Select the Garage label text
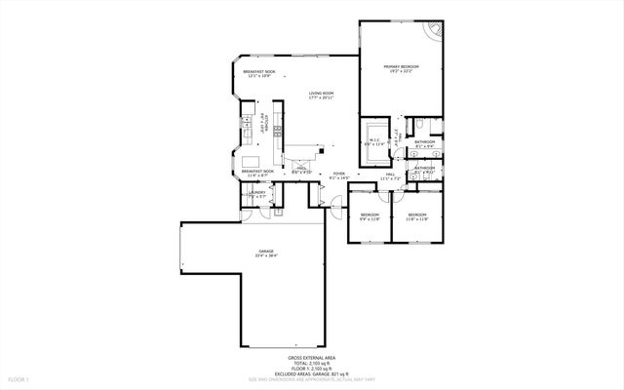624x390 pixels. [x=266, y=253]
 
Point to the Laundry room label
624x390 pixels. [x=257, y=194]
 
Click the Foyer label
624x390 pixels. [x=338, y=175]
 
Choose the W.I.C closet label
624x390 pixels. [x=374, y=142]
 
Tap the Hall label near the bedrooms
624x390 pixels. [x=390, y=176]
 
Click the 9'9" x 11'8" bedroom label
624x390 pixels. [x=370, y=216]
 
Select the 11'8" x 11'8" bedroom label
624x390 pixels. [x=417, y=216]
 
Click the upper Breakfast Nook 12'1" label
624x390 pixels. [x=258, y=74]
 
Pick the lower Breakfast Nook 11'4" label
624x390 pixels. [x=257, y=174]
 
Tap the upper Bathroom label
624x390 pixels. [x=425, y=144]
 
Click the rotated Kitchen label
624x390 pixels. [x=264, y=124]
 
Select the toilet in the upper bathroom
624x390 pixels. [x=416, y=128]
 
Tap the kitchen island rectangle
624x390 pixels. [x=251, y=160]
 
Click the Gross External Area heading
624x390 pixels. [x=312, y=358]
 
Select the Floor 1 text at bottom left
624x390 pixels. [x=19, y=377]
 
